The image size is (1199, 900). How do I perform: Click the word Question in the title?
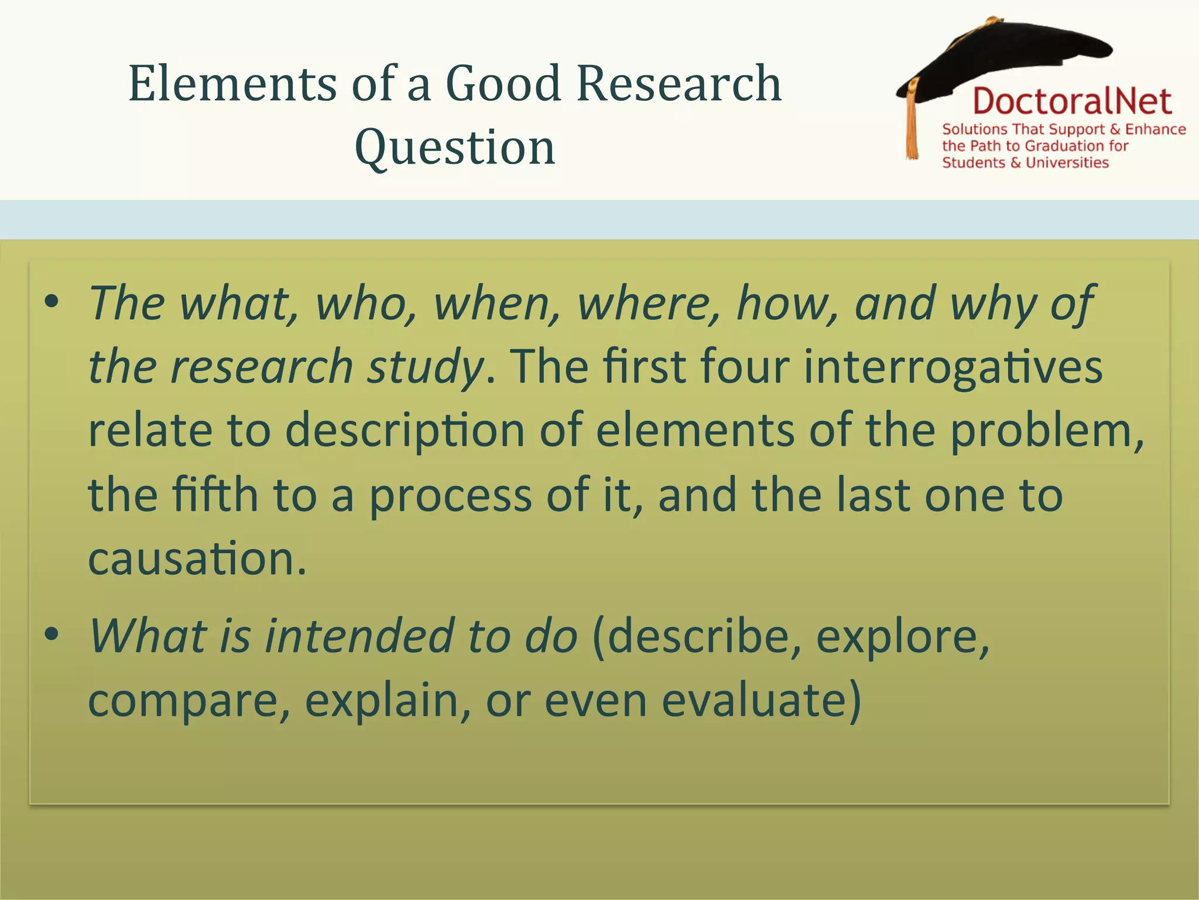[x=455, y=148]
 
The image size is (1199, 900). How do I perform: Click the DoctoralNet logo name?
[x=1072, y=101]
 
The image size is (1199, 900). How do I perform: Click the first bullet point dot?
[x=52, y=302]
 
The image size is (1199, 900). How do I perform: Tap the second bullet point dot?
[x=52, y=634]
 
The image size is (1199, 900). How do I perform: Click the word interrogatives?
[x=953, y=367]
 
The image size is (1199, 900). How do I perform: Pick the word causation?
[x=197, y=558]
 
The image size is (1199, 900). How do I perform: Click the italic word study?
[x=425, y=367]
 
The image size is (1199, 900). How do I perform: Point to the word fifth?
[x=215, y=495]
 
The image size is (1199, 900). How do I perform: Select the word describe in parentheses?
[x=697, y=636]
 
